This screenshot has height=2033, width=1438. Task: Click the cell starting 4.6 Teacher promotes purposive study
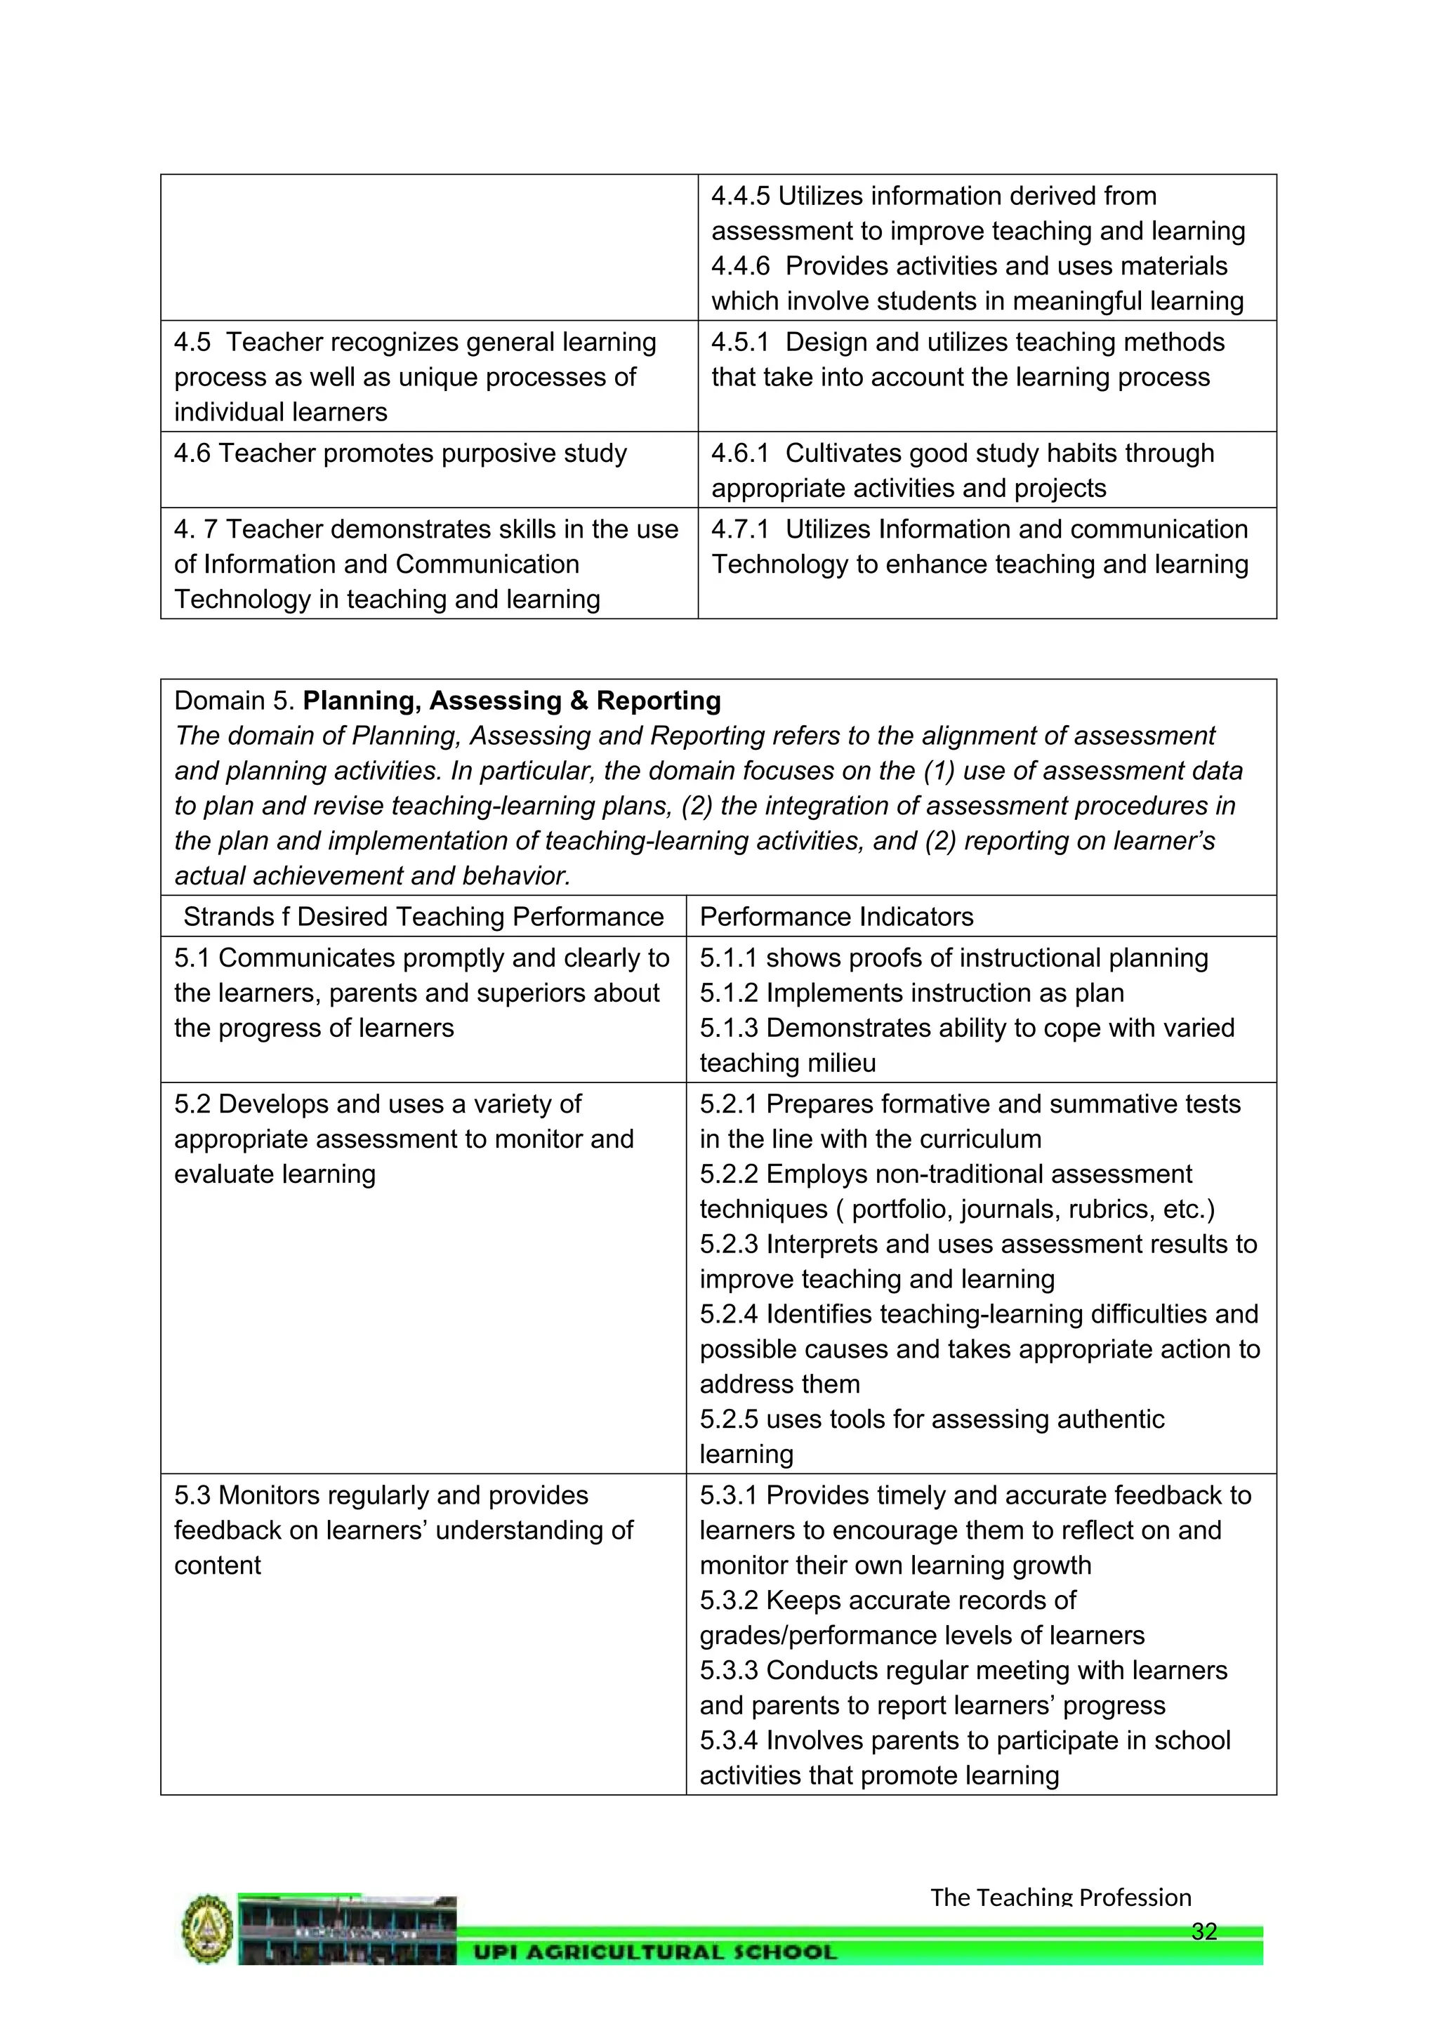(x=400, y=453)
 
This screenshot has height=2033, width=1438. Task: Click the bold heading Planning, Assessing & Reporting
(x=511, y=701)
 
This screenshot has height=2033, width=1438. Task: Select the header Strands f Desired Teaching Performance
(x=423, y=916)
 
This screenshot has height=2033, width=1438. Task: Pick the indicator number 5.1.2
(x=729, y=993)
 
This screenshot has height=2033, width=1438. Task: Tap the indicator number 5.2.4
(x=729, y=1314)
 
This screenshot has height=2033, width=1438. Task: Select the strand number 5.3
(x=192, y=1495)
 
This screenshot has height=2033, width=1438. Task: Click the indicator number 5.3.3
(x=729, y=1670)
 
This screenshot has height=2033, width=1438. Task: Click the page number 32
(x=1204, y=1931)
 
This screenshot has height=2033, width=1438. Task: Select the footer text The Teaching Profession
(x=1060, y=1898)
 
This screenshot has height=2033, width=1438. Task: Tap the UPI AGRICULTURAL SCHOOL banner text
(x=654, y=1952)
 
